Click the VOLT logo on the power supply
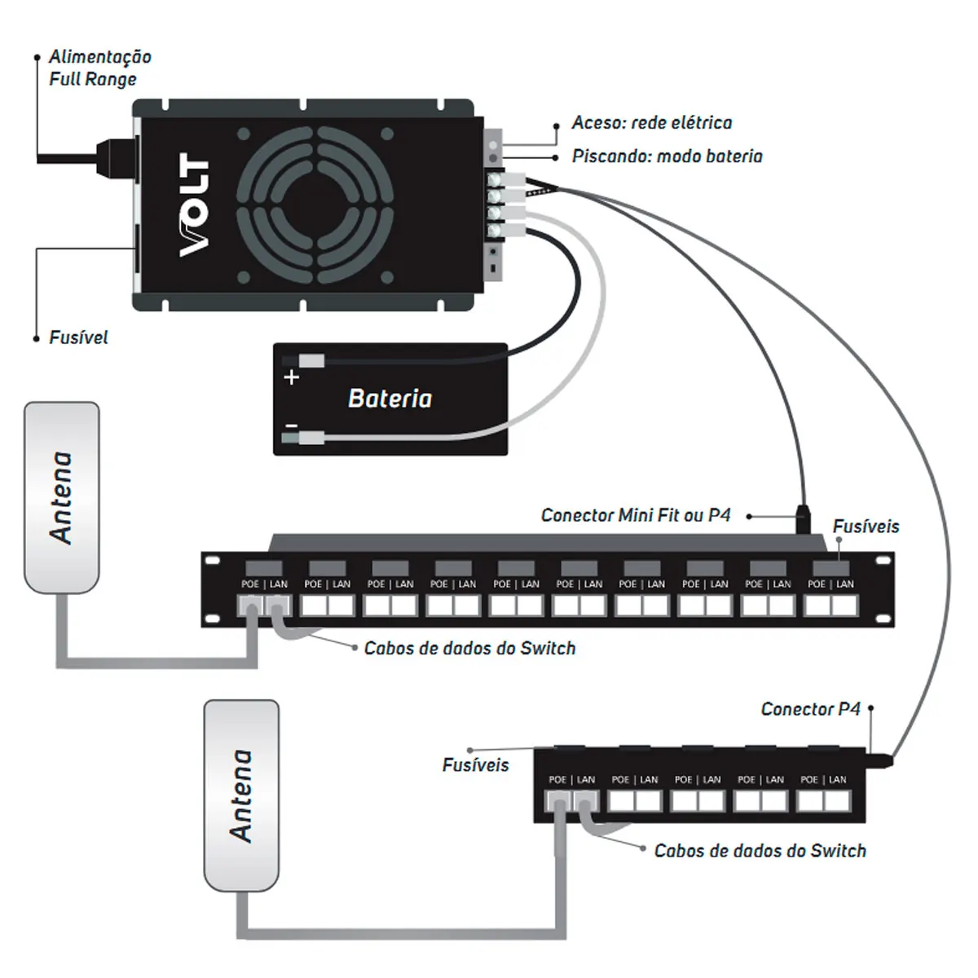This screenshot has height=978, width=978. [194, 205]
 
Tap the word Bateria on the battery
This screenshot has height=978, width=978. [390, 399]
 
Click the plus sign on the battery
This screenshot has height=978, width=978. [291, 377]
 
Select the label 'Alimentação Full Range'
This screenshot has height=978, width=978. [100, 68]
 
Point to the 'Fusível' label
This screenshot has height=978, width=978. [78, 337]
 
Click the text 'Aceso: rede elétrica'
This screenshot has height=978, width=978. [652, 123]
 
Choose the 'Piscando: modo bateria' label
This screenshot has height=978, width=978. [667, 156]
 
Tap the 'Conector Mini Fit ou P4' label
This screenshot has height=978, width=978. [636, 515]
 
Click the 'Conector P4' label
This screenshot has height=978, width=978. [810, 709]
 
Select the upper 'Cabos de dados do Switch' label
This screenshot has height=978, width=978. [469, 648]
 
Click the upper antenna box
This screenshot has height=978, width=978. [62, 497]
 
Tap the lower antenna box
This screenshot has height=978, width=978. [241, 795]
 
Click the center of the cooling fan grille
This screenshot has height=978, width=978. [315, 205]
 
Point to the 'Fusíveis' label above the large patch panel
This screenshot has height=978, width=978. [866, 526]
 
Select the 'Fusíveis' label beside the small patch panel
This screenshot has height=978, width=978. [475, 764]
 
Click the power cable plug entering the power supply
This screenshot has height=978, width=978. [116, 158]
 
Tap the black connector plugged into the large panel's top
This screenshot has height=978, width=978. [803, 518]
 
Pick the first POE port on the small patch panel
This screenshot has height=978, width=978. [557, 802]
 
